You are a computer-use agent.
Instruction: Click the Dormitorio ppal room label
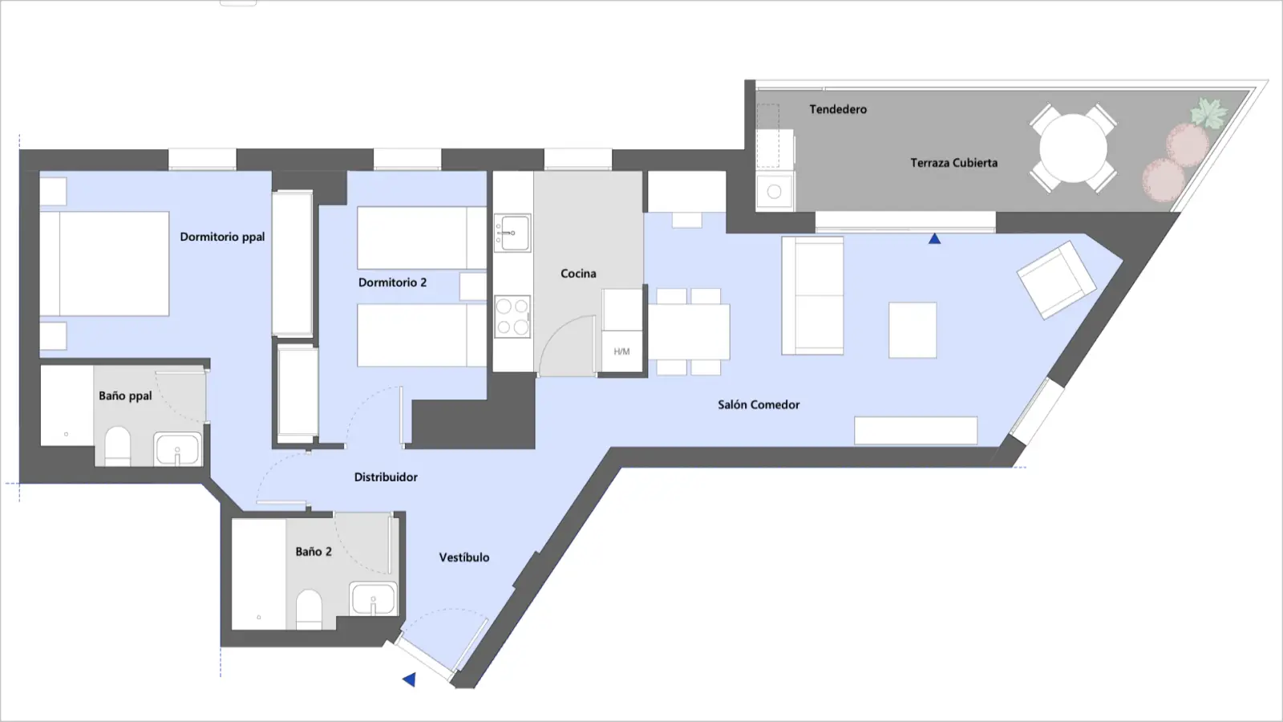coord(222,237)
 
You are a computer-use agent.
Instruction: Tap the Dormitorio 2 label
coord(392,282)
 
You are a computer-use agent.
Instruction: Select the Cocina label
coord(578,274)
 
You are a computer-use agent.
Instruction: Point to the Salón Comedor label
coord(759,405)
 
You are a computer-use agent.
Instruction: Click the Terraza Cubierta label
coord(953,163)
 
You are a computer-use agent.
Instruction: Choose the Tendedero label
coord(838,109)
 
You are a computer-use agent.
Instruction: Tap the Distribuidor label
coord(386,477)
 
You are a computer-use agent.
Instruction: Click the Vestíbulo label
coord(464,558)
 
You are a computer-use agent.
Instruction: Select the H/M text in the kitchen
coord(621,351)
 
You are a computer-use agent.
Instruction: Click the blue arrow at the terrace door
coord(935,238)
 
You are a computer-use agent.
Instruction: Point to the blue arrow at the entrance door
coord(409,679)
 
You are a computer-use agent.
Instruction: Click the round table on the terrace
coord(1073,148)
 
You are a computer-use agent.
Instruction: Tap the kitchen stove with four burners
coord(512,316)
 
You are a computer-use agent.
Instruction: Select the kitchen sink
coord(512,233)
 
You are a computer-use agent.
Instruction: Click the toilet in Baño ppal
coord(117,446)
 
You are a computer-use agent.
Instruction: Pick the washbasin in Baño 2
coord(374,598)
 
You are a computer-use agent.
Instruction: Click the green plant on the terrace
coord(1208,112)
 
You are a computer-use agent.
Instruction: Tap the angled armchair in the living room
coord(1056,280)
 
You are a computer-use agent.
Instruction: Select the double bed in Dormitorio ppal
coord(104,264)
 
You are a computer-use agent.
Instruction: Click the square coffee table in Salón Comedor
coord(913,331)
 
